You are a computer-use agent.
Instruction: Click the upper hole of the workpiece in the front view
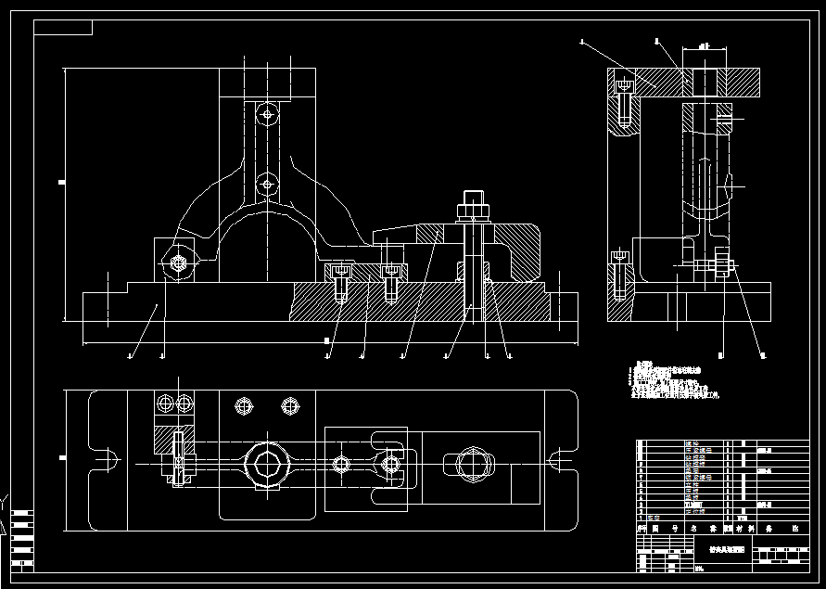[267, 115]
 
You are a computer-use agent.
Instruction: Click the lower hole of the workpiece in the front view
[267, 183]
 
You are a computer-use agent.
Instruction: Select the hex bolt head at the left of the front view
[178, 263]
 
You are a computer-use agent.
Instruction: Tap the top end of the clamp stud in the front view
[471, 198]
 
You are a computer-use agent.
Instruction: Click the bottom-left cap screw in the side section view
[621, 275]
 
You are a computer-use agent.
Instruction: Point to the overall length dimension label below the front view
[327, 342]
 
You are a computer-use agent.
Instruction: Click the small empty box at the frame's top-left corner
[63, 27]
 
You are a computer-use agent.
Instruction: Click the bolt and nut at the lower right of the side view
[722, 268]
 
